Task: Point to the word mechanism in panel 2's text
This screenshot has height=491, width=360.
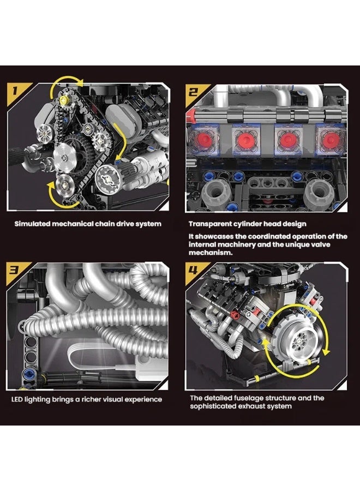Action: [209, 253]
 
